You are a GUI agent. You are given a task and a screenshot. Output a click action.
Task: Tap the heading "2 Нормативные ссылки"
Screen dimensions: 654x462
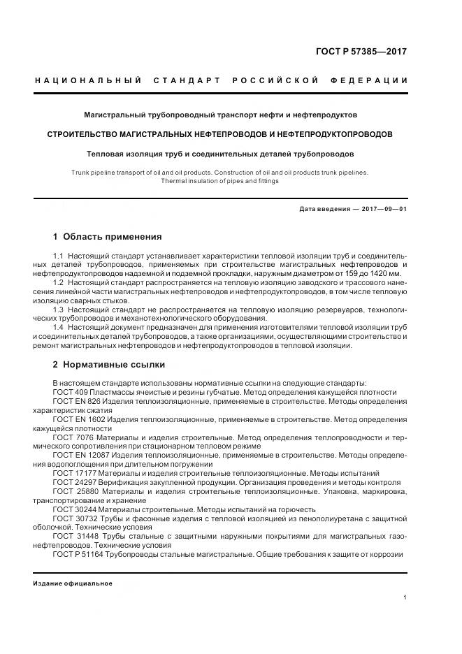pyautogui.click(x=109, y=365)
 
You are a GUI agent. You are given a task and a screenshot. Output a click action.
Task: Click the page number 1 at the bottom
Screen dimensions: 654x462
pyautogui.click(x=406, y=598)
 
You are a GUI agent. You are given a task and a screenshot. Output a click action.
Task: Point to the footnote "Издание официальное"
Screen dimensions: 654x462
pyautogui.click(x=73, y=583)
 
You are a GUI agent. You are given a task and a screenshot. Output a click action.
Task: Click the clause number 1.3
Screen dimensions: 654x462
pyautogui.click(x=58, y=309)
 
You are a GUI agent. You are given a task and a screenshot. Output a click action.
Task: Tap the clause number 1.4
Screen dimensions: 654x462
pyautogui.click(x=58, y=327)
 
